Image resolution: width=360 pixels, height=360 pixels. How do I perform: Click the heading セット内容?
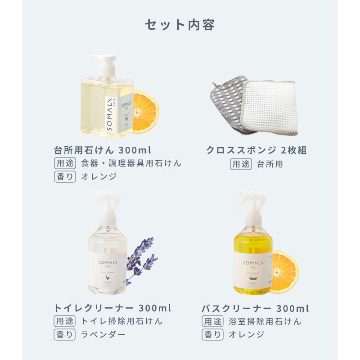tap(180, 25)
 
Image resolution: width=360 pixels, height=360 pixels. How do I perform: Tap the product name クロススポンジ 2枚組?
tap(256, 150)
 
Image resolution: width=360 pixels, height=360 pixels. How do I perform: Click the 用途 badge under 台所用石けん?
tap(64, 163)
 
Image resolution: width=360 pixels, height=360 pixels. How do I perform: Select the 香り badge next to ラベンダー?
tap(64, 334)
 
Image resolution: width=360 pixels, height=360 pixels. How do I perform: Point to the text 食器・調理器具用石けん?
tap(131, 163)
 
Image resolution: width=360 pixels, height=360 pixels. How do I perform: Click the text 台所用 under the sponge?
tap(270, 164)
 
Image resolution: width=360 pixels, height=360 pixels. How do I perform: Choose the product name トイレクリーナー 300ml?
tap(112, 309)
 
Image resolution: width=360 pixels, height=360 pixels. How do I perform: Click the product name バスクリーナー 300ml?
tap(255, 309)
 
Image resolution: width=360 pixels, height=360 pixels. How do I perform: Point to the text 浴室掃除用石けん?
tap(265, 322)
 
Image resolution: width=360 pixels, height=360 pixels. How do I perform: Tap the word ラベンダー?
tap(103, 334)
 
